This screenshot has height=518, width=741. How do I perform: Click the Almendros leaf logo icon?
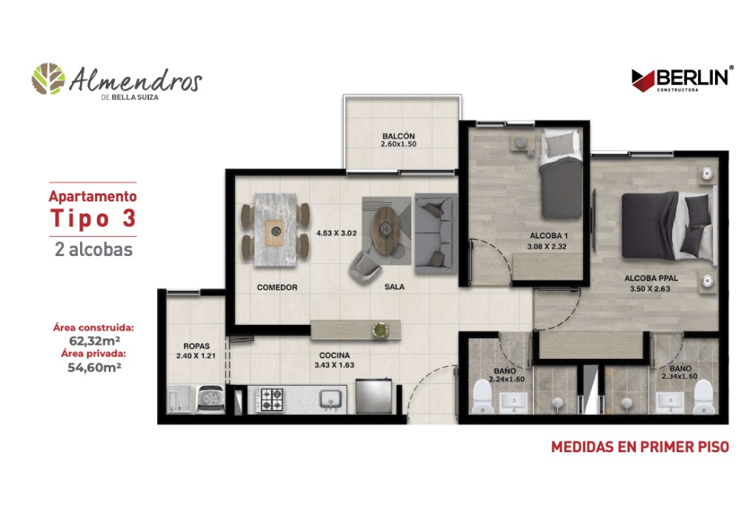[48, 78]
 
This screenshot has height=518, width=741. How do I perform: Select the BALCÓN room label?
[399, 136]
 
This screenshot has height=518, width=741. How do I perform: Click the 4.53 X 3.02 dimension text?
[336, 233]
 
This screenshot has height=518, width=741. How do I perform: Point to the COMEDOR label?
[277, 287]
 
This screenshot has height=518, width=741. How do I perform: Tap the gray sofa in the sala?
[436, 233]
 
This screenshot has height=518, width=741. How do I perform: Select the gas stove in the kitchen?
[272, 400]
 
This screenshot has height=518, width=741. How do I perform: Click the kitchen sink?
[330, 400]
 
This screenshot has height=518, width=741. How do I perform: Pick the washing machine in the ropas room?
[210, 399]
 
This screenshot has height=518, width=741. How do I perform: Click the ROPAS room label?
[196, 346]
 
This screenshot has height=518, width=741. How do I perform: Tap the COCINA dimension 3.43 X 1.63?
[334, 365]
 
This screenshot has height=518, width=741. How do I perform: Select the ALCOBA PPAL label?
[651, 278]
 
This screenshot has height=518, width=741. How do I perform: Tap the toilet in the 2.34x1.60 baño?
[703, 397]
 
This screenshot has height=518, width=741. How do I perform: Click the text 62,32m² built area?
[95, 340]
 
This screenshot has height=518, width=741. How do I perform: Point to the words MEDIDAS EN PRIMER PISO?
[640, 447]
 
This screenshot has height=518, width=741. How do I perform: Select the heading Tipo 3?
[93, 218]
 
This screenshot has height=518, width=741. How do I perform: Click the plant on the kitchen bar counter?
[379, 330]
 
